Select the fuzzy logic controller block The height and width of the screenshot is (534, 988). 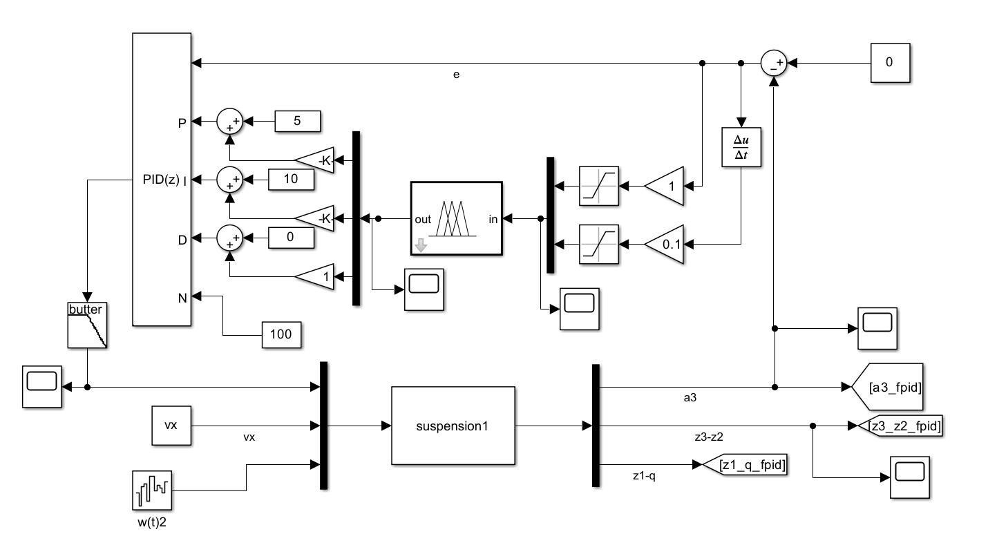click(456, 219)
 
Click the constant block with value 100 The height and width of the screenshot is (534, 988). click(281, 335)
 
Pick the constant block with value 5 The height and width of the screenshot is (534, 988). click(298, 121)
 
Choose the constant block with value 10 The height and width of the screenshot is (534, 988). click(291, 180)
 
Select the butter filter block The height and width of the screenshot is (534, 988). click(87, 325)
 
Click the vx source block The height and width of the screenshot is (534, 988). click(171, 426)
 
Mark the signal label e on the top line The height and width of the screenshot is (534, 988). click(456, 74)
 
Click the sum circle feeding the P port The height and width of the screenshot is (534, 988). click(230, 121)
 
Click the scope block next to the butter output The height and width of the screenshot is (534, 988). click(42, 387)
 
